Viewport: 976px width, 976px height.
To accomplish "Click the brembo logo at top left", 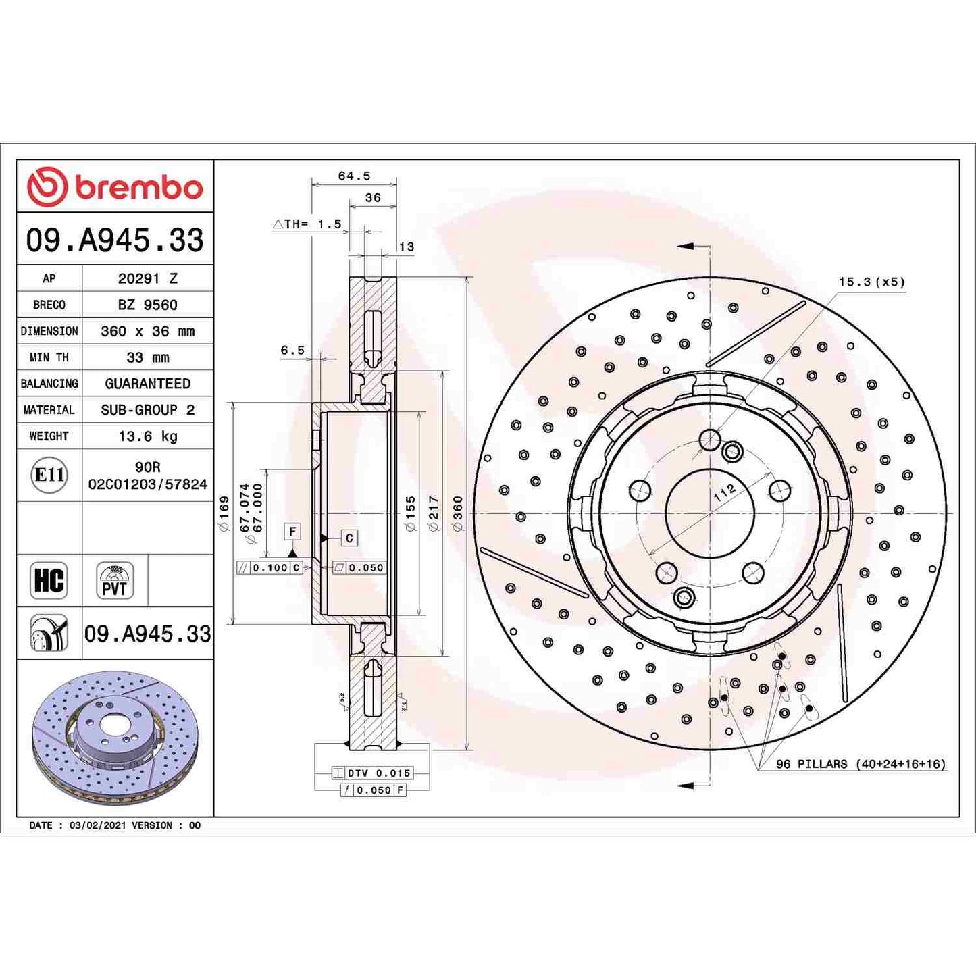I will [x=115, y=187].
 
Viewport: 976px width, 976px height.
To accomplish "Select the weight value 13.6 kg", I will [x=147, y=436].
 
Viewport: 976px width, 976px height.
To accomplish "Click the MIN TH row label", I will [x=49, y=357].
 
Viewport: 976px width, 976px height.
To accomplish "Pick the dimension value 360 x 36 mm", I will [x=147, y=331].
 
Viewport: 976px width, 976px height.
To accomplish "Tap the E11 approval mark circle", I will [x=49, y=475].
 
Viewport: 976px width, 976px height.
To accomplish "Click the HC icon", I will [x=49, y=580].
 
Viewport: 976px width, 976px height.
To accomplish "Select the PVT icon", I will [x=114, y=581].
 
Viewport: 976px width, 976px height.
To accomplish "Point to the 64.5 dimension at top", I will [x=354, y=176].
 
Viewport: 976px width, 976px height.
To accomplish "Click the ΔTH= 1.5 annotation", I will [x=307, y=224].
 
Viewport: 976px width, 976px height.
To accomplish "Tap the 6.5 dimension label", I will [x=292, y=351].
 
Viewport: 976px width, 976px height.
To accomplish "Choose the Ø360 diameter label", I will [x=458, y=513].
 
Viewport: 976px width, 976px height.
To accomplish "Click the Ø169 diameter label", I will [x=224, y=513].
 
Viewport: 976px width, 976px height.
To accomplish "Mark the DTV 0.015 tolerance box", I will [x=379, y=773].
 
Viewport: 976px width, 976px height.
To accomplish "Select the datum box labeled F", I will [x=292, y=532].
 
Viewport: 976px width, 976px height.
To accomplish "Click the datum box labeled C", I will [x=349, y=538].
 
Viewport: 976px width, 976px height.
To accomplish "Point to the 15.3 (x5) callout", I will [x=871, y=282].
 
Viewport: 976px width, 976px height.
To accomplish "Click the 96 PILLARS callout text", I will [x=860, y=764].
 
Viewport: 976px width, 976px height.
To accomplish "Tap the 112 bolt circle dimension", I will [x=724, y=492].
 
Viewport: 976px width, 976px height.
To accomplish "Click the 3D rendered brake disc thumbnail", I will [x=115, y=738].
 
